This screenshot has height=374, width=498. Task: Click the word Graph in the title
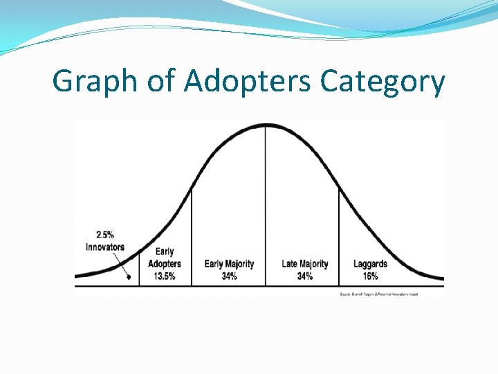coord(95,82)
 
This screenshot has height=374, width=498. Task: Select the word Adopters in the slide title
coord(247,82)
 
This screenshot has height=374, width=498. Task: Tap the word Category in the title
coord(382,82)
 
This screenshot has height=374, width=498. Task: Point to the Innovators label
coord(105,247)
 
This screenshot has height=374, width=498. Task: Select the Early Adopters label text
coord(165,258)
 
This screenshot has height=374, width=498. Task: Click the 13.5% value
coord(165,276)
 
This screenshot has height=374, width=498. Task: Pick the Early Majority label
coord(229,264)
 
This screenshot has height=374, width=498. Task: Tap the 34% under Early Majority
coord(229,276)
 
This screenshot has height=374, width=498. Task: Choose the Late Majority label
coord(304,264)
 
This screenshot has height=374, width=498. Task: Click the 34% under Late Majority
coord(304,276)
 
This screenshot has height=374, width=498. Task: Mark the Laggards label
coord(370,264)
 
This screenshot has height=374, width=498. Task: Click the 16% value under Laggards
coord(370,276)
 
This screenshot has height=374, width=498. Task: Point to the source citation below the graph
coord(378,294)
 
